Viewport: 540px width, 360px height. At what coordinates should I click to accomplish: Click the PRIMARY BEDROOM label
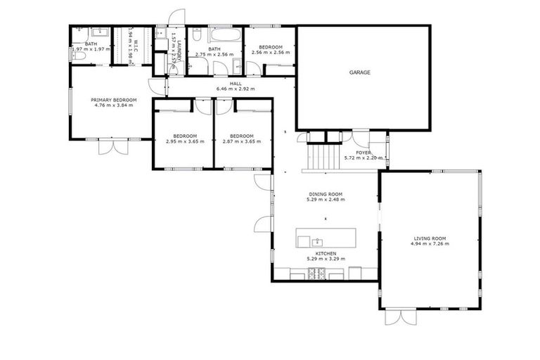114,101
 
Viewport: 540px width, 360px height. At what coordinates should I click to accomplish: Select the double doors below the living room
400,317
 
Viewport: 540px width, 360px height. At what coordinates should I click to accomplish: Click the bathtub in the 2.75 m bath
224,35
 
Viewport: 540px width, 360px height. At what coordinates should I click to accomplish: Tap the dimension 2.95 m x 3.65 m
185,141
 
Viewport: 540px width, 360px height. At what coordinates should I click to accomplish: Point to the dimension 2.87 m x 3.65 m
243,141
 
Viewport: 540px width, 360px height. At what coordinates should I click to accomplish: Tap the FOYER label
363,152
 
